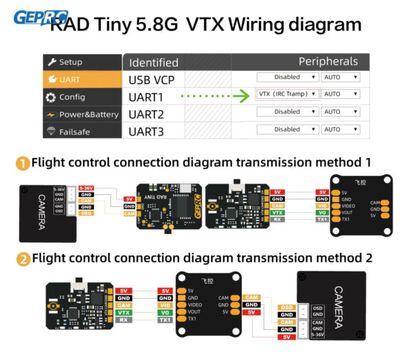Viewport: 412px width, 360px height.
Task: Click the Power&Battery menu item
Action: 82,114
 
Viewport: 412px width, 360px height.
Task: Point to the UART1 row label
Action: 146,96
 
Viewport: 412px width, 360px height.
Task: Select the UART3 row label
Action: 146,131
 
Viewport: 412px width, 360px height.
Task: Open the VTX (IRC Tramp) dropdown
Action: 288,94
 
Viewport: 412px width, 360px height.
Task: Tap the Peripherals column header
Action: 328,62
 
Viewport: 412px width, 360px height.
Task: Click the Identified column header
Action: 154,63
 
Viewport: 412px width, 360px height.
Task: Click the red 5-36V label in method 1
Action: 86,188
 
